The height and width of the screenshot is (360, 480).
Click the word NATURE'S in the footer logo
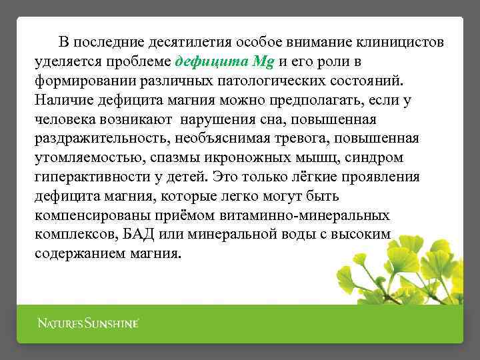point(59,324)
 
